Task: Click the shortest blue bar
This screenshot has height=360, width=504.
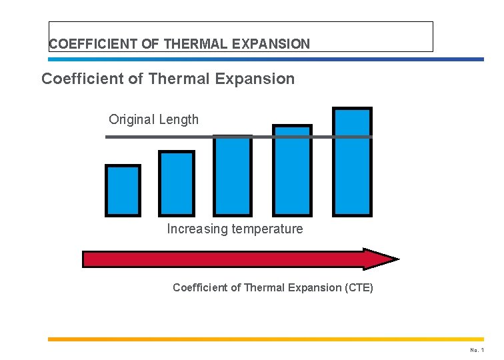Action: click(123, 191)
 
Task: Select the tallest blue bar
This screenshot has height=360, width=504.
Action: click(353, 162)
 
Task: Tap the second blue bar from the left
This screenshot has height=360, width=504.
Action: click(177, 183)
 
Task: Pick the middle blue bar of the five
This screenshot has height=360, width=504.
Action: click(233, 176)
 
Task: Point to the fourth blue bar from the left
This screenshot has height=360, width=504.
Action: click(293, 170)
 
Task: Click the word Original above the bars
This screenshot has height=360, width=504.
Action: click(131, 120)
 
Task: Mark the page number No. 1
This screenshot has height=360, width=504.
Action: click(477, 350)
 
